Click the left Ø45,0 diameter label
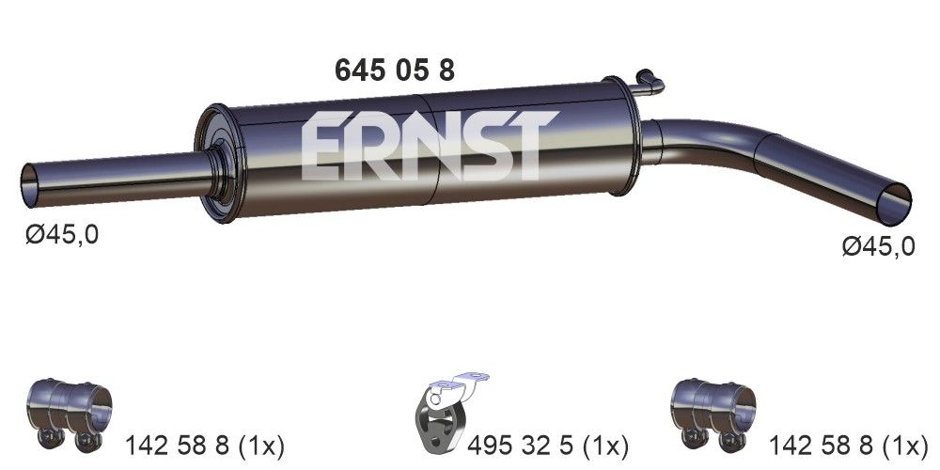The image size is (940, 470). coord(62,235)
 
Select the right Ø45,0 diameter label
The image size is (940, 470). coord(879,246)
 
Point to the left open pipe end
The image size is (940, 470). coord(32,180)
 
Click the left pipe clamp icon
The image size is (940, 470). coord(70,411)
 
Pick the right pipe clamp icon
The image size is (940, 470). coord(714,411)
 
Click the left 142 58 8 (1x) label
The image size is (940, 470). coord(205,444)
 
